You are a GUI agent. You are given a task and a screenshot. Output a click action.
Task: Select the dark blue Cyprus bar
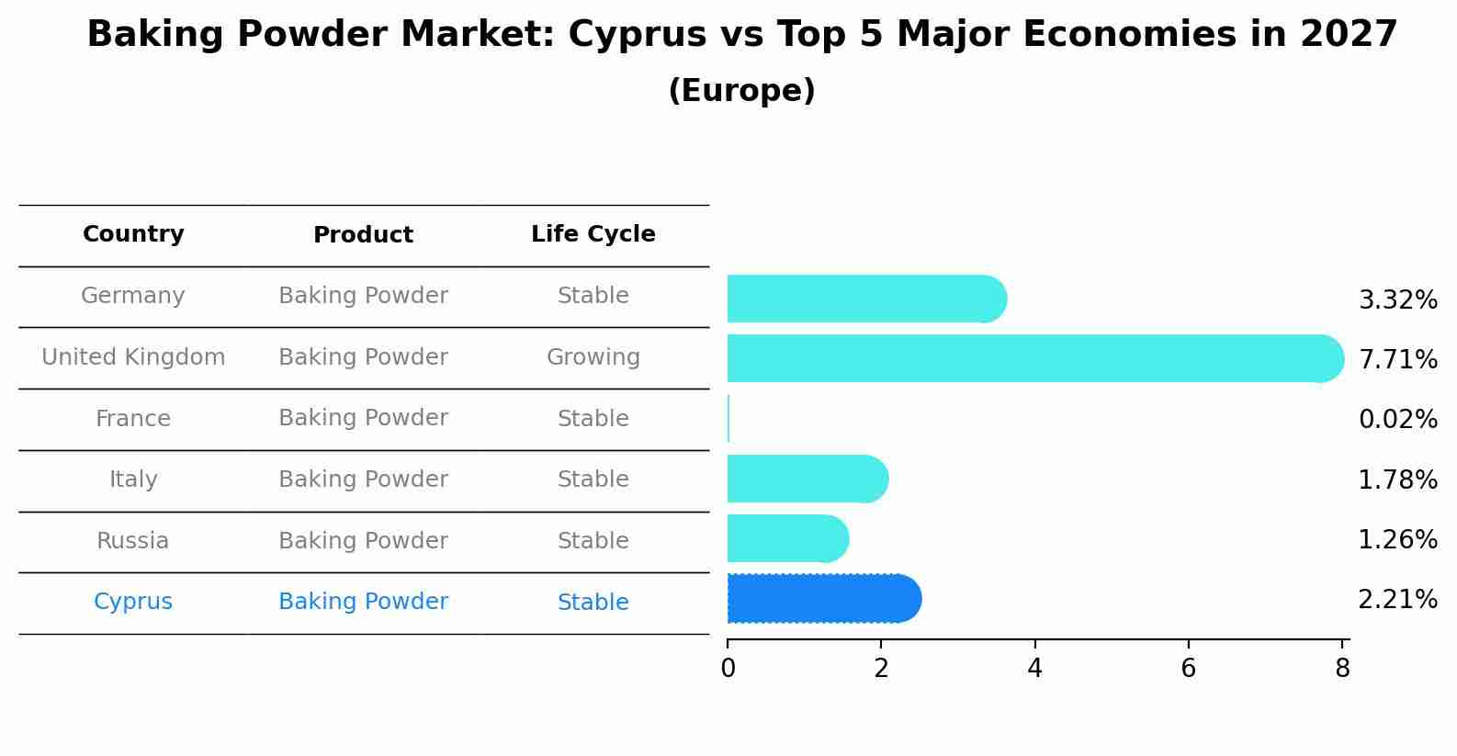point(822,599)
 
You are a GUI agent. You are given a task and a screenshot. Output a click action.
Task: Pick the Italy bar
point(807,479)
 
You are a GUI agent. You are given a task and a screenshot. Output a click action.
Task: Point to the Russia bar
point(786,538)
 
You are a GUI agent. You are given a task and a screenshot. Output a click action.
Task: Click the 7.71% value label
point(1397,359)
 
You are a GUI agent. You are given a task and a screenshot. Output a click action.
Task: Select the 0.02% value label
point(1397,420)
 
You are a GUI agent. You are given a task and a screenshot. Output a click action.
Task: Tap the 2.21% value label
point(1397,600)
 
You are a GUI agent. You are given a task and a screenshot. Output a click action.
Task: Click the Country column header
point(133,234)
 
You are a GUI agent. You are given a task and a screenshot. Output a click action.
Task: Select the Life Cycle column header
point(593,234)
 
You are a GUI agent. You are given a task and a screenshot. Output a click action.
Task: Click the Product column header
point(363,235)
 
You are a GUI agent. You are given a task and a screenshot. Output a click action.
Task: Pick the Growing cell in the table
point(593,357)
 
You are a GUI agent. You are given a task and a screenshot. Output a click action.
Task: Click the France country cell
point(133,419)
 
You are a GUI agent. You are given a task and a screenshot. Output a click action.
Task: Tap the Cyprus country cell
point(133,602)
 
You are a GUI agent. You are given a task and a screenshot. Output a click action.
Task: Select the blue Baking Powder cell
point(363,602)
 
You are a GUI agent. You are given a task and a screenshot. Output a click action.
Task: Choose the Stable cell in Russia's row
point(593,541)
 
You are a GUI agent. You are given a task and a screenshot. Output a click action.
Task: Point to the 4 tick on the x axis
point(1034,669)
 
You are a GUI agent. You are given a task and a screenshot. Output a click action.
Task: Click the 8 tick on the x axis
point(1342,669)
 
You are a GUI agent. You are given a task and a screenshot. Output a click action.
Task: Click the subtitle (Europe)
point(741,91)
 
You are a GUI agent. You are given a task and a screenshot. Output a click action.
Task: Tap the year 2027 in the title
point(1348,35)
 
